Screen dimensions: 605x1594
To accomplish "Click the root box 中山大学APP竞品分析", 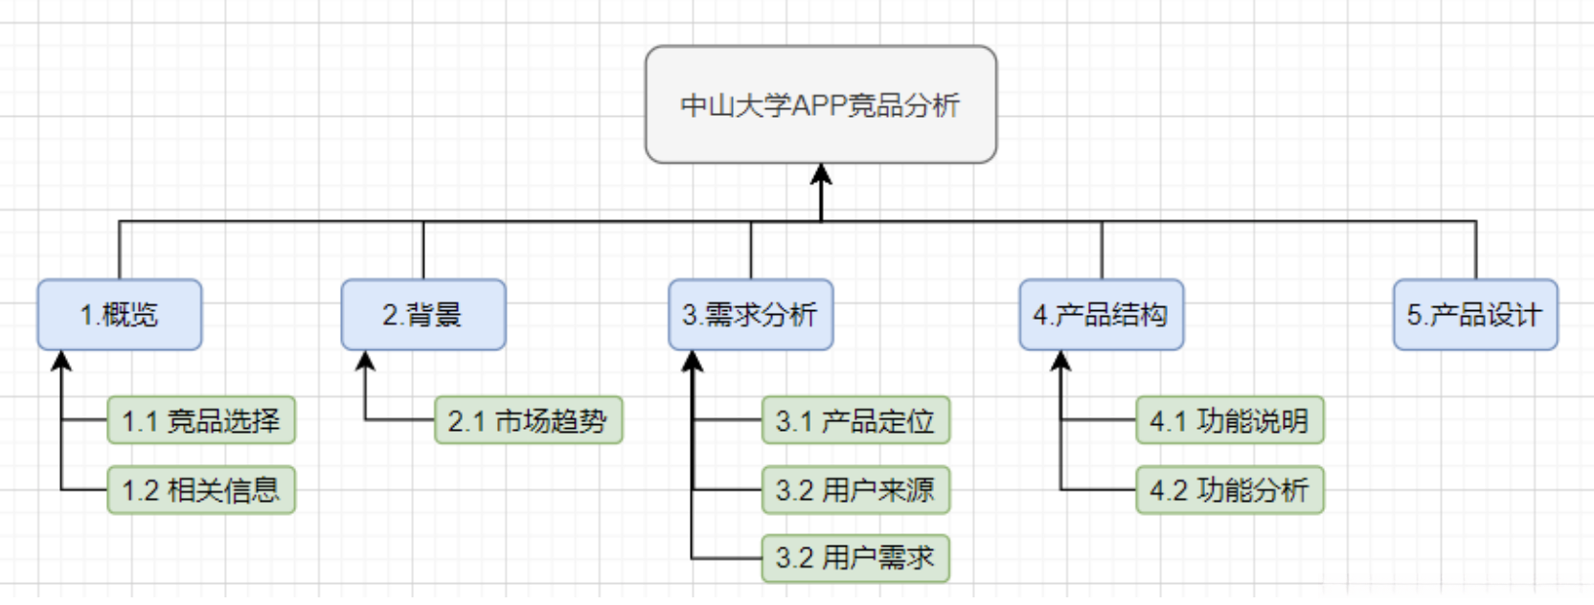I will (x=821, y=104).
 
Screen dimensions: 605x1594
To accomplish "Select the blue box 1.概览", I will (x=120, y=315).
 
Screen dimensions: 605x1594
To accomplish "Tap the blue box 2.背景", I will (x=423, y=315).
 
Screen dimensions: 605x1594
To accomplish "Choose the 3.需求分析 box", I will (x=751, y=315).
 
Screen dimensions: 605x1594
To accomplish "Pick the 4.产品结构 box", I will (x=1102, y=315).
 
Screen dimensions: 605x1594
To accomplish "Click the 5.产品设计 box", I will (x=1475, y=315).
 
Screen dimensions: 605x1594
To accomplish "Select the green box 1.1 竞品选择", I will (x=201, y=420).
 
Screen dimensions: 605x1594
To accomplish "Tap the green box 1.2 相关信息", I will (x=201, y=490).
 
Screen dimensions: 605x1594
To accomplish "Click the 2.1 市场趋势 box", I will (x=529, y=420).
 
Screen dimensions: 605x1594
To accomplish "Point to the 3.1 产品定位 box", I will (x=855, y=420).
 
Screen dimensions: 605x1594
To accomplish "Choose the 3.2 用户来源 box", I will (x=855, y=490).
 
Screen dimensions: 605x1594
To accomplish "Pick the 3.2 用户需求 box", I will (x=855, y=558).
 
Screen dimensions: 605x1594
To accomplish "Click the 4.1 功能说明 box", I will (x=1230, y=420).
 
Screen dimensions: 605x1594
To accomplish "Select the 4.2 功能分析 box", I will (x=1230, y=490).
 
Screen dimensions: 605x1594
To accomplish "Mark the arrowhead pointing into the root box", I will (x=821, y=174).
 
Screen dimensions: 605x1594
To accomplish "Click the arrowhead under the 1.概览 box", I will (x=62, y=361).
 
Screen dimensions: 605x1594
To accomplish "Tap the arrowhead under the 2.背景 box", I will (x=365, y=361).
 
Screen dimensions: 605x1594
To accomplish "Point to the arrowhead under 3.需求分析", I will (x=693, y=361).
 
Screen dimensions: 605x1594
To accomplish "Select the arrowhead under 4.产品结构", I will (x=1060, y=361).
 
